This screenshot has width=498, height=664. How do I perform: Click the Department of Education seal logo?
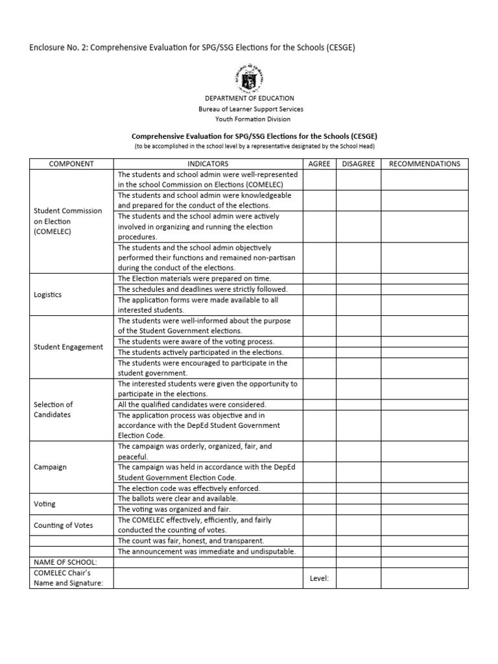tap(250, 78)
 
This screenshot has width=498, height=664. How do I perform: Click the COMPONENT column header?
tap(71, 164)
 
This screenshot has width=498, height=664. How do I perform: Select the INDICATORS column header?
tap(207, 164)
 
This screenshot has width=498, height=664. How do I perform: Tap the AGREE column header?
tap(319, 164)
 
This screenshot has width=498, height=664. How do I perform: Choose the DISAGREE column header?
tap(358, 164)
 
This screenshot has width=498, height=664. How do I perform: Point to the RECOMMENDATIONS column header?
tap(424, 164)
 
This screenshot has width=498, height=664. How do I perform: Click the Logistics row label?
tap(47, 294)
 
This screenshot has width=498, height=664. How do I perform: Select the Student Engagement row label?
tap(68, 347)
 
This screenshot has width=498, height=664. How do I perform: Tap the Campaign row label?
tap(50, 467)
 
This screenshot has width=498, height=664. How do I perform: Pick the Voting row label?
tap(45, 504)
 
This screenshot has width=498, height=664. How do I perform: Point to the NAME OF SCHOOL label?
tap(65, 562)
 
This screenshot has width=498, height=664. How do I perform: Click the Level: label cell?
tap(319, 578)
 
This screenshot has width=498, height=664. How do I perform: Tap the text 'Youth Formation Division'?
tap(253, 119)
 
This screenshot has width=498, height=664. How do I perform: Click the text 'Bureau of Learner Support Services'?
tap(250, 109)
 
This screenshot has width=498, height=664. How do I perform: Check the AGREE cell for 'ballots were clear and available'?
tap(319, 499)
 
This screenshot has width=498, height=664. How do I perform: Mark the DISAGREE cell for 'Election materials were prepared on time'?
tap(358, 278)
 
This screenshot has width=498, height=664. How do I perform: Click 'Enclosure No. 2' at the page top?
tap(58, 49)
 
